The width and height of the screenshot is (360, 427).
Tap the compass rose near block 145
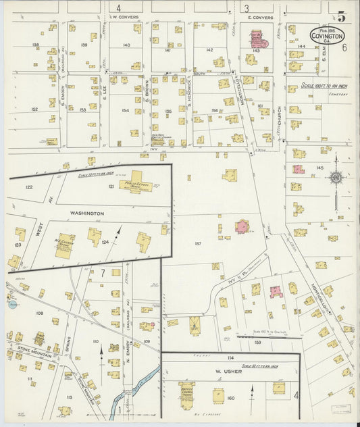(336, 178)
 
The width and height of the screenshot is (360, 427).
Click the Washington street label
(88, 214)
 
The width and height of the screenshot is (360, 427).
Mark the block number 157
(198, 243)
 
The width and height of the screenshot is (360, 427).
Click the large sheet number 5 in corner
(342, 16)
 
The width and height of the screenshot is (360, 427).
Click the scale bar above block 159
(264, 336)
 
